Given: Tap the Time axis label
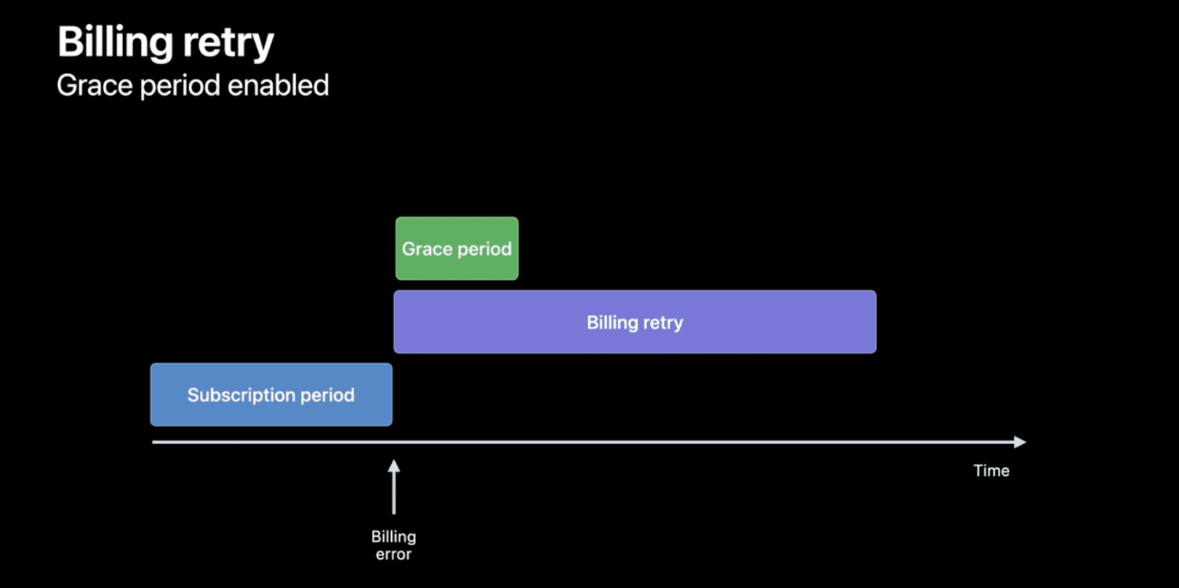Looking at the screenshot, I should (x=991, y=471).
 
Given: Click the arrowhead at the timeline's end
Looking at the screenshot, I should (x=1020, y=442).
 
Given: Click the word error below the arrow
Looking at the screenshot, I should (x=393, y=554).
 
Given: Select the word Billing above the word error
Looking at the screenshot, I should (x=393, y=537).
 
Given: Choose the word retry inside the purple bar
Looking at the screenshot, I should (x=662, y=323).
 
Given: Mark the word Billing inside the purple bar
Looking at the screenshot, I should (x=612, y=323).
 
